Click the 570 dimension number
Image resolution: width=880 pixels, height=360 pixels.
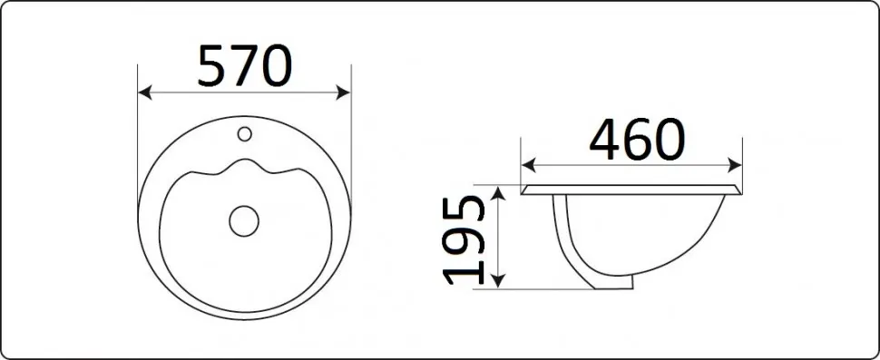[245, 66]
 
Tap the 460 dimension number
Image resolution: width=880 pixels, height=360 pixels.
[637, 139]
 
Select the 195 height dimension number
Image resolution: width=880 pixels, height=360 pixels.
[464, 240]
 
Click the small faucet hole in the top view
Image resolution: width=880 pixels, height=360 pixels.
[244, 133]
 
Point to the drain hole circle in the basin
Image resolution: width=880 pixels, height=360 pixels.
[244, 220]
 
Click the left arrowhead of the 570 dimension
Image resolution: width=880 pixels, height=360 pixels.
[145, 92]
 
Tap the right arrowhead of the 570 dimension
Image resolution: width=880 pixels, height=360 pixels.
[344, 92]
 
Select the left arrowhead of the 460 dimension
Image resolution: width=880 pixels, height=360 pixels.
[529, 165]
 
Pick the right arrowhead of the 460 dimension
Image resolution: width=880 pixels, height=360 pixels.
[735, 165]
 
